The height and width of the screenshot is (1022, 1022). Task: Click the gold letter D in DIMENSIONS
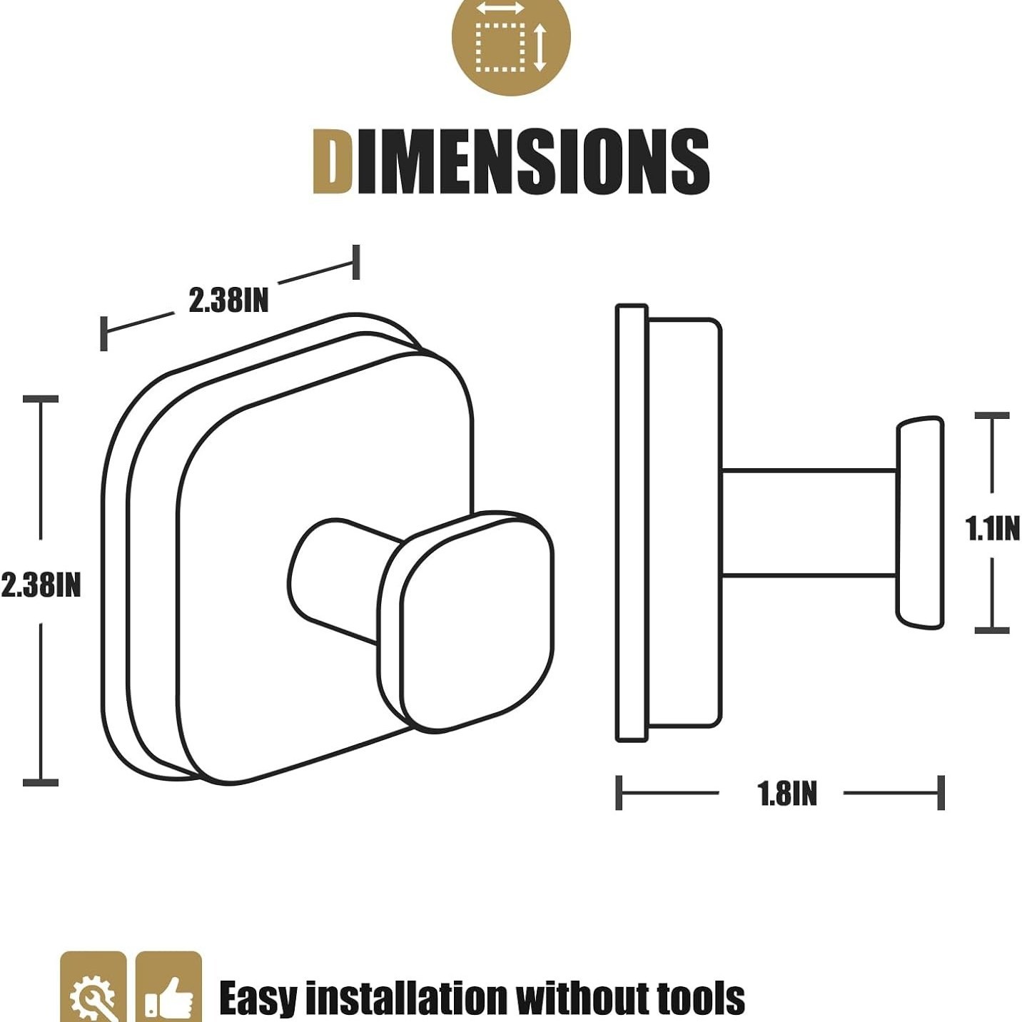(x=333, y=161)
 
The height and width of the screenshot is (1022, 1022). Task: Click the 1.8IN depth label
(x=787, y=794)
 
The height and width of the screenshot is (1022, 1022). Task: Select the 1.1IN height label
(x=992, y=529)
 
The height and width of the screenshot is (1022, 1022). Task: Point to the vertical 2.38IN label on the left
(x=41, y=585)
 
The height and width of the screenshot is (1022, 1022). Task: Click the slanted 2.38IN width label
(x=228, y=300)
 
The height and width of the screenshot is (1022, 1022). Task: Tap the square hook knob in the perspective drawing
(x=468, y=621)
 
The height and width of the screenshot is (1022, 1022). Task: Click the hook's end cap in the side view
(x=920, y=523)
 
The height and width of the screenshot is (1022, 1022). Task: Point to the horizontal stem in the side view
(x=809, y=523)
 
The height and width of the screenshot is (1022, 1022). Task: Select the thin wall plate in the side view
(x=632, y=523)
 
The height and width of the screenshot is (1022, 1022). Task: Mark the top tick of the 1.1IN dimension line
(x=992, y=415)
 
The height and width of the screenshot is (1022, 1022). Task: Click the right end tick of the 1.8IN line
(x=941, y=793)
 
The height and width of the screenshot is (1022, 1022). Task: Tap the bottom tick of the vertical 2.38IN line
(x=41, y=783)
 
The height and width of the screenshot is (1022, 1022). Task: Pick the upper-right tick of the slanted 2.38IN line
(x=356, y=262)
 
